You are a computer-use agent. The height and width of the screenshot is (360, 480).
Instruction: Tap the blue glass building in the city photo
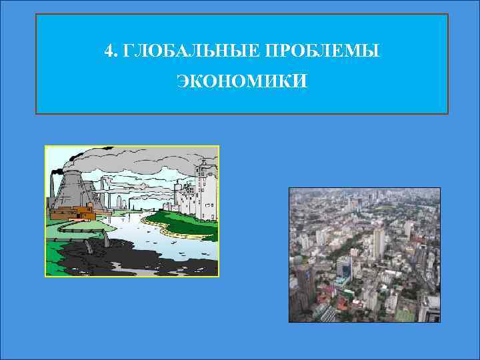click(344, 267)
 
